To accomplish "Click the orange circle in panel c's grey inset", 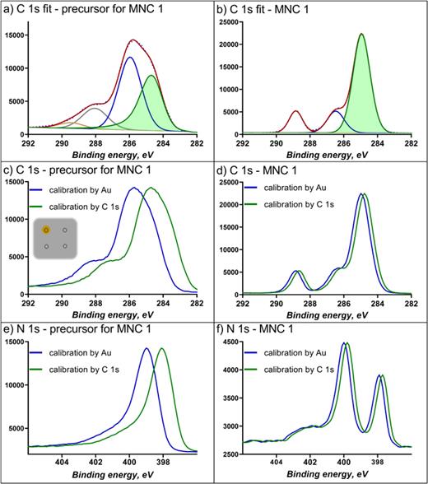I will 46,230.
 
